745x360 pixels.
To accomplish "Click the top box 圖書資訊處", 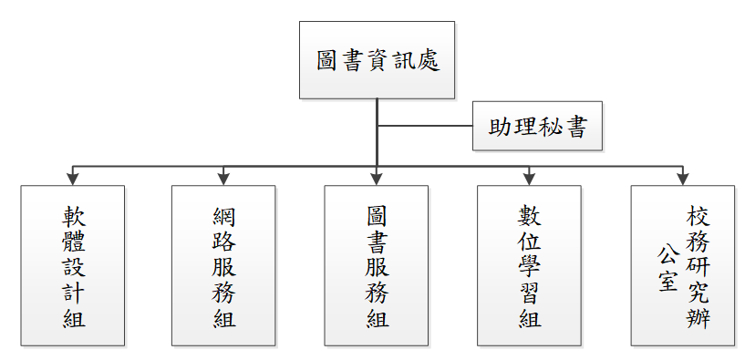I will pos(377,60).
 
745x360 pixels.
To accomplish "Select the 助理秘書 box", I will pos(537,126).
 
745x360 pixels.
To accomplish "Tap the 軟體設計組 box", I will pos(72,266).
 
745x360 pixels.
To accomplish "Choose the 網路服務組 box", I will pos(223,266).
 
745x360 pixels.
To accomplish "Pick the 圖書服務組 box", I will pos(377,266).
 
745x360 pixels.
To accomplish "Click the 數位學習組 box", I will pos(529,266).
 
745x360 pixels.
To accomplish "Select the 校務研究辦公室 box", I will pos(682,266).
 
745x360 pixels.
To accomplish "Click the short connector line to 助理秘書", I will pos(425,126).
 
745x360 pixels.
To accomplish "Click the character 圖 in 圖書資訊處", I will pos(327,61).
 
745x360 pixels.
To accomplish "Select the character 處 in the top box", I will pos(428,61).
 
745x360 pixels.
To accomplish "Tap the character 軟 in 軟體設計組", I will pos(73,216).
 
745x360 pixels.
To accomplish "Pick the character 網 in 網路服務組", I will pos(224,216).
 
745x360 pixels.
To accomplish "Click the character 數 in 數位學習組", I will pos(530,216).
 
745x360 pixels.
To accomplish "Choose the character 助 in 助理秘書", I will pos(501,127).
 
